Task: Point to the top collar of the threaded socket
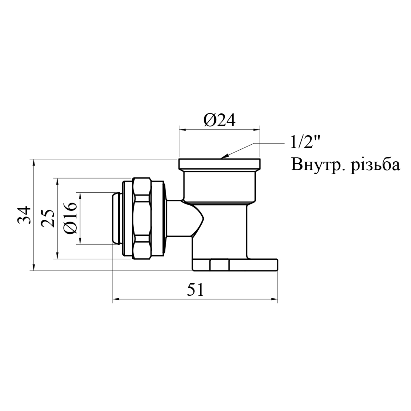(x=219, y=164)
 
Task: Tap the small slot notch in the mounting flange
(x=219, y=265)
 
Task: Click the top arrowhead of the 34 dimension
(x=34, y=162)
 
